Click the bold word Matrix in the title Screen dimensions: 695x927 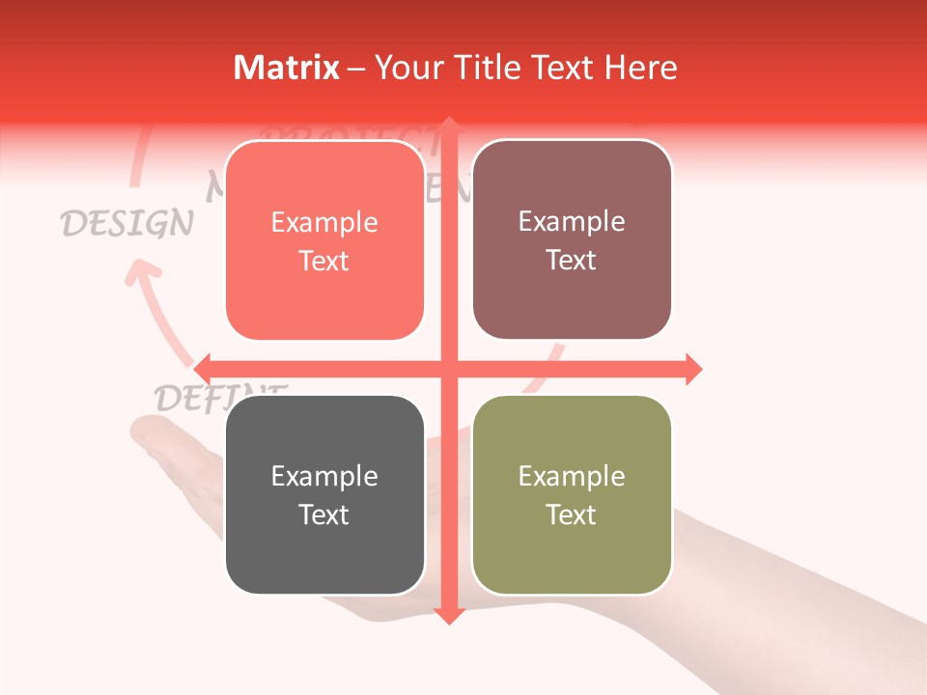[287, 68]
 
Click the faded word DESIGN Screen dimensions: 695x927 [126, 223]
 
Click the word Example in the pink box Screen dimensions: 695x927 [324, 222]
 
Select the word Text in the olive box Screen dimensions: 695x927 [572, 514]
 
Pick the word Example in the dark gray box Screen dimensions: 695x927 [324, 476]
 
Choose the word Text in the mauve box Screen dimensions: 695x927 [572, 260]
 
